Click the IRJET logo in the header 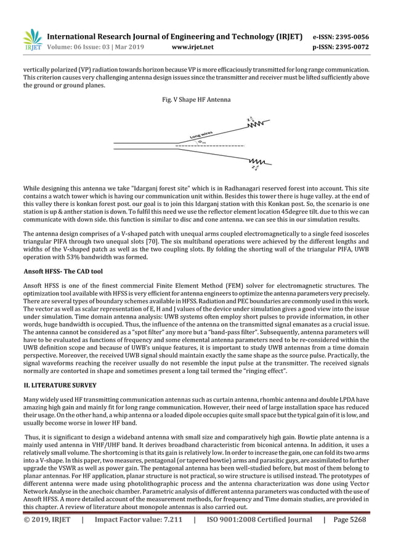coord(33,39)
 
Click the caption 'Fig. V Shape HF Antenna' coord(195,99)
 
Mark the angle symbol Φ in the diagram coord(201,141)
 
